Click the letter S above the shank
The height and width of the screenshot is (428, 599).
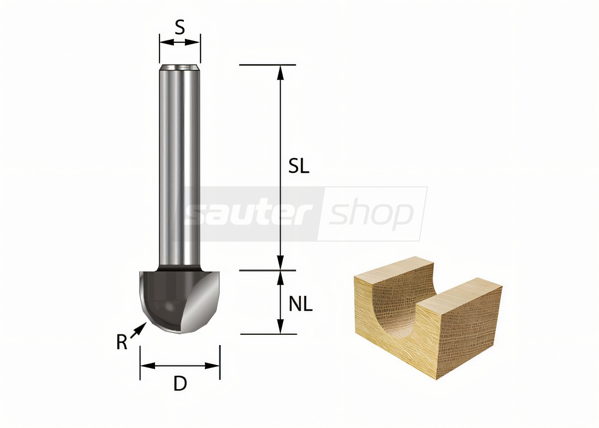[180, 27]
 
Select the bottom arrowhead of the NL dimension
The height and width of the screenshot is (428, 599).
[280, 327]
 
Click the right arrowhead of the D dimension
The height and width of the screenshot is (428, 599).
[212, 366]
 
